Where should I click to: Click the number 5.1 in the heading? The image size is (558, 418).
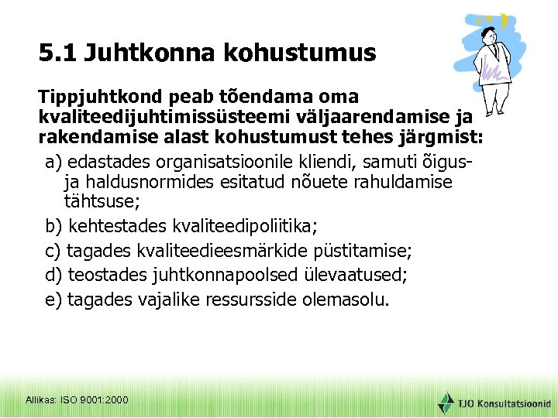click(57, 53)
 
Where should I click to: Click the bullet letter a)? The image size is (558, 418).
click(55, 162)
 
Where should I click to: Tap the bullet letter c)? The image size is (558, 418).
click(54, 251)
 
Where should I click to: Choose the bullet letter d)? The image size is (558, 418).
click(55, 275)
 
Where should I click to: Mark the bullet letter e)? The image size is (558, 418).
click(55, 300)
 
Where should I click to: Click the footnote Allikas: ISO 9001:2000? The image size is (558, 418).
click(77, 399)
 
